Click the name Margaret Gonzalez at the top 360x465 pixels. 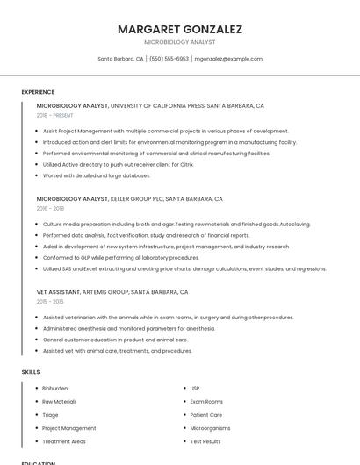click(179, 29)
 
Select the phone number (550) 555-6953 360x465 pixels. click(169, 59)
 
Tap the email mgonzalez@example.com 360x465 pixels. click(228, 59)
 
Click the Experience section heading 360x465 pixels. click(38, 92)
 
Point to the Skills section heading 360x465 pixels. click(31, 372)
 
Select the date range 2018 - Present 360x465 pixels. click(56, 115)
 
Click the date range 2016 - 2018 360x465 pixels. click(50, 209)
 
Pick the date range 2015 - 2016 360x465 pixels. click(50, 302)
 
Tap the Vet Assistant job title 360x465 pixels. click(59, 292)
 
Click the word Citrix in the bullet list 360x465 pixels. click(185, 164)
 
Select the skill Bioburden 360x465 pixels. click(54, 388)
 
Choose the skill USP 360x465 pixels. click(195, 388)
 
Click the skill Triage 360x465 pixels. click(50, 415)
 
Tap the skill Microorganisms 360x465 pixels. click(210, 428)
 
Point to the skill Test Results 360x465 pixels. click(205, 441)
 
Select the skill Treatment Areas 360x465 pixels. click(63, 441)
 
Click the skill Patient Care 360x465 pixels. click(205, 415)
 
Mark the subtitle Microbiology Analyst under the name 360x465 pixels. click(179, 42)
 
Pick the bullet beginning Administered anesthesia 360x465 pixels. click(128, 328)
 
